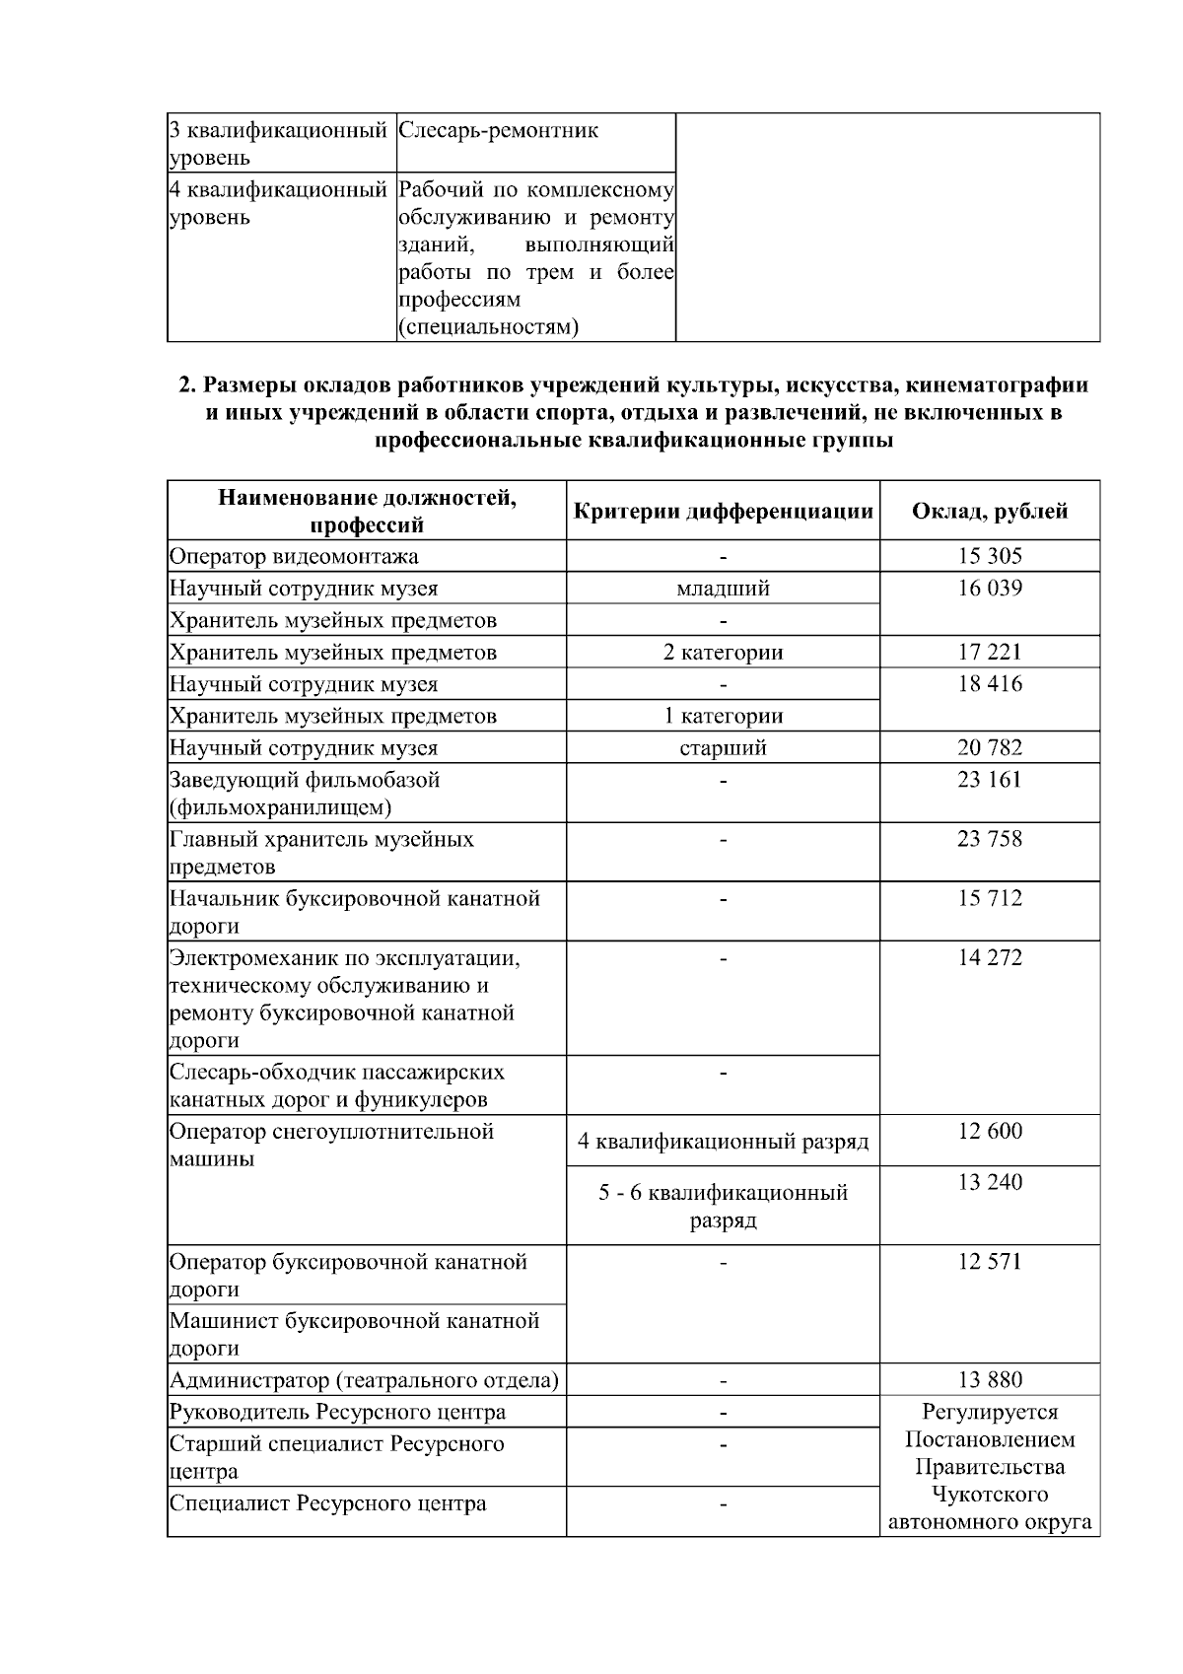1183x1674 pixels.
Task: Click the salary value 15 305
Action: click(989, 556)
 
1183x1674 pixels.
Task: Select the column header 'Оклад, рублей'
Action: click(989, 511)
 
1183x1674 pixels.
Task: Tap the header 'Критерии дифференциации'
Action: click(723, 511)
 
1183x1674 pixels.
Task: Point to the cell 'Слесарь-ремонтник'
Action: click(498, 131)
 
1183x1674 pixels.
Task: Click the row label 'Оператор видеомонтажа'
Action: click(294, 556)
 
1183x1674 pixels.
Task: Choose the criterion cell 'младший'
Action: click(723, 589)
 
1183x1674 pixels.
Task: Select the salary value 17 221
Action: click(989, 652)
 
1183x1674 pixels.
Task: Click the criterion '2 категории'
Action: click(723, 652)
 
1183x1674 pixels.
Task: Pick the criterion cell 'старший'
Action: click(723, 747)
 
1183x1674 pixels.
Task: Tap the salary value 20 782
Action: click(989, 747)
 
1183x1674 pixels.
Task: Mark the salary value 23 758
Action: click(989, 839)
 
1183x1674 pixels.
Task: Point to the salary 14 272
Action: click(989, 957)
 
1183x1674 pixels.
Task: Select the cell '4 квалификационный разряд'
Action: click(723, 1142)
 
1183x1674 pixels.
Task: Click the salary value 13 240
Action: click(989, 1182)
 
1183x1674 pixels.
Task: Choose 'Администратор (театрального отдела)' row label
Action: click(364, 1380)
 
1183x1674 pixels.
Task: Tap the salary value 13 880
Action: click(989, 1380)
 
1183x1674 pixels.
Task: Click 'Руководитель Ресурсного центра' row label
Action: click(337, 1412)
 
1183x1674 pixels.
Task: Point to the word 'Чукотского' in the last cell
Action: click(989, 1495)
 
